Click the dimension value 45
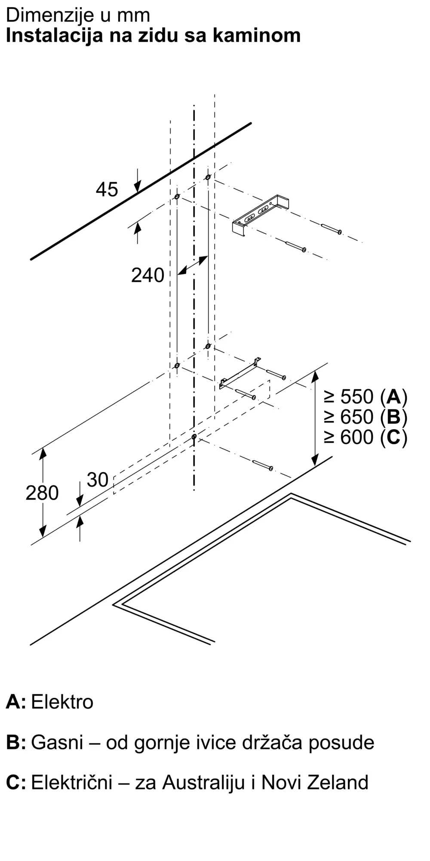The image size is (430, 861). [x=107, y=189]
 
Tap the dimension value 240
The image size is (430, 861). [x=147, y=276]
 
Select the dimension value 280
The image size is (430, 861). [x=42, y=493]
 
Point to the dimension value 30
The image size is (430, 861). [x=98, y=480]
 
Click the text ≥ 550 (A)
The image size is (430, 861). [x=365, y=396]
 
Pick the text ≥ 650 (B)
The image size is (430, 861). [x=365, y=417]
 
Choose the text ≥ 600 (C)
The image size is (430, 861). [x=365, y=437]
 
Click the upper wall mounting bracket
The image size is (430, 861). [x=261, y=215]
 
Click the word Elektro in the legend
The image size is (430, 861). [x=62, y=702]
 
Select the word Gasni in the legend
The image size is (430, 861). [x=57, y=742]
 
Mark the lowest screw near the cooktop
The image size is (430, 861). [x=263, y=465]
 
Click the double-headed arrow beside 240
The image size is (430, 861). [x=193, y=265]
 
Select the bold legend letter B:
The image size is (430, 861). [x=16, y=742]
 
